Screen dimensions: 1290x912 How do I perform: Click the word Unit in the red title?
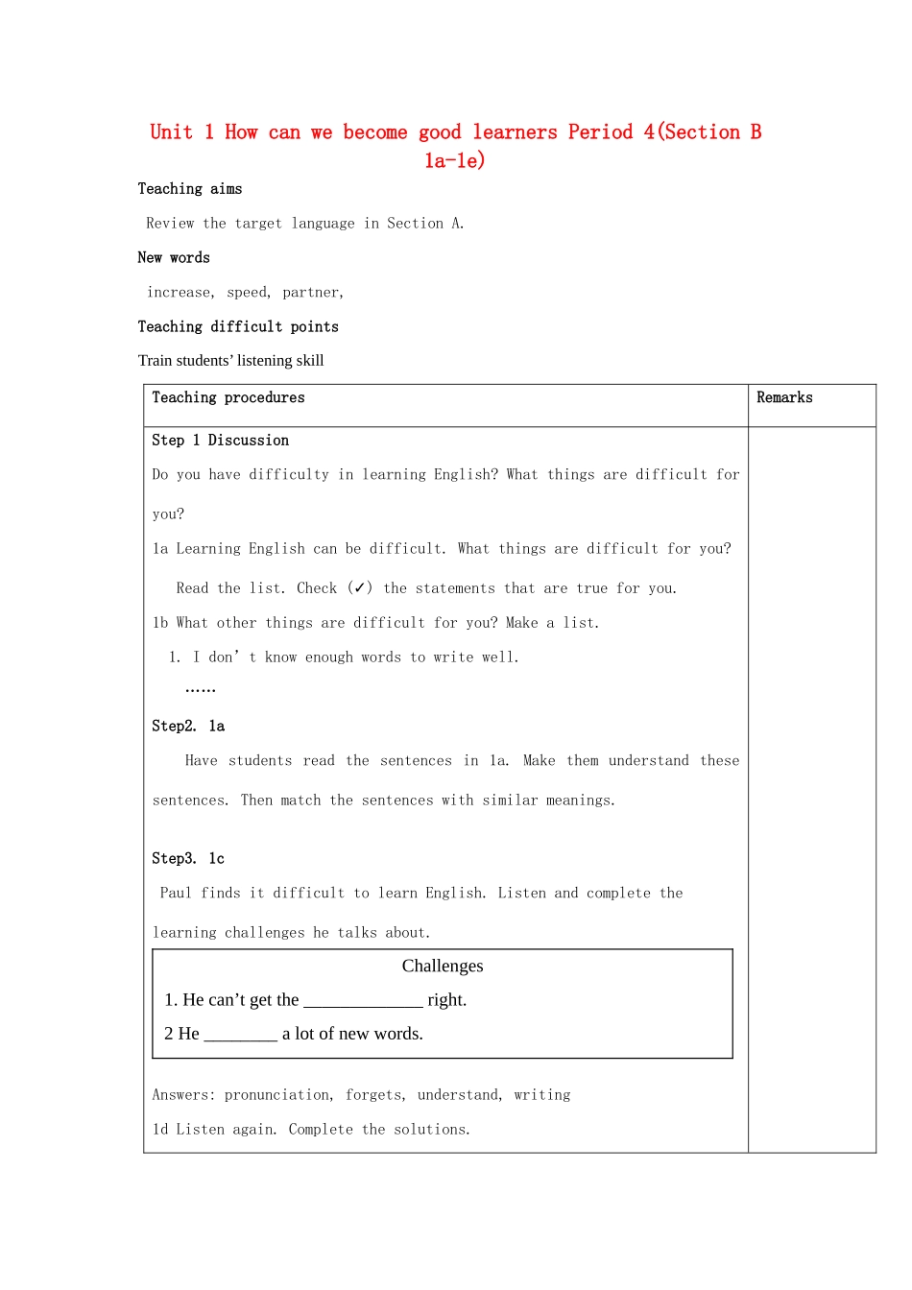[171, 132]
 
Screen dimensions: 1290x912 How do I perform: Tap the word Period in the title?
[600, 132]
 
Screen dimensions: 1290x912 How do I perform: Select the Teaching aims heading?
[190, 189]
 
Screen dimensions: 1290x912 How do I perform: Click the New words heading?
[174, 258]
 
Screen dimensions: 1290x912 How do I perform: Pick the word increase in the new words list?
[180, 293]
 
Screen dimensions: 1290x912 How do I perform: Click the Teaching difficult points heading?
[238, 327]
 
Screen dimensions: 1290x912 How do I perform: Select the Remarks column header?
[784, 398]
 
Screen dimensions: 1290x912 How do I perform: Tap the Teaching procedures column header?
[228, 398]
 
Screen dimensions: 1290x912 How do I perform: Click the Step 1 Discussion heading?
[220, 441]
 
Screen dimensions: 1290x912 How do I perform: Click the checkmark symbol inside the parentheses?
[360, 587]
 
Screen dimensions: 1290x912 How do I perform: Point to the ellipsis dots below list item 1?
[200, 689]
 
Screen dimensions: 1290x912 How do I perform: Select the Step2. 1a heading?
[188, 727]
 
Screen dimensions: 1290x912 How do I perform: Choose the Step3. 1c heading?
[188, 859]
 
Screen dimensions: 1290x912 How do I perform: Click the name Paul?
[176, 894]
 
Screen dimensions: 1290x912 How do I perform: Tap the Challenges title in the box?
[443, 967]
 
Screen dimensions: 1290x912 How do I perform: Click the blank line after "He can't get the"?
[363, 1002]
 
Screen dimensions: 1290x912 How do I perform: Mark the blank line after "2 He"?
[240, 1036]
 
